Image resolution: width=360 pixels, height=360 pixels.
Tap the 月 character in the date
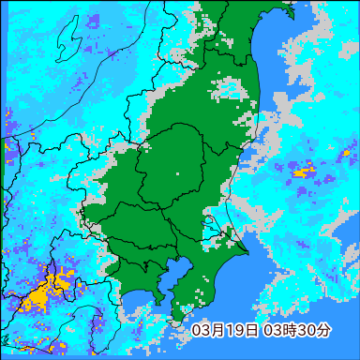tap(215, 331)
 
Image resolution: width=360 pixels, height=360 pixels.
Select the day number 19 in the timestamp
tap(231, 331)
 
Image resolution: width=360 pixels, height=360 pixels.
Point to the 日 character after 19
tap(247, 331)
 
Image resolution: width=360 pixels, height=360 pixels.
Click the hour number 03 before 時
tap(272, 331)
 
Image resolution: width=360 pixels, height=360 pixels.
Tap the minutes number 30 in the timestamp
tap(306, 331)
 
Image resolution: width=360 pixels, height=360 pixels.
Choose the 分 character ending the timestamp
tap(322, 331)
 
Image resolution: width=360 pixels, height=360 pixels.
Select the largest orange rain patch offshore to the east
tap(304, 172)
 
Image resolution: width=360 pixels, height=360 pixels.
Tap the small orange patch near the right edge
tap(344, 151)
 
